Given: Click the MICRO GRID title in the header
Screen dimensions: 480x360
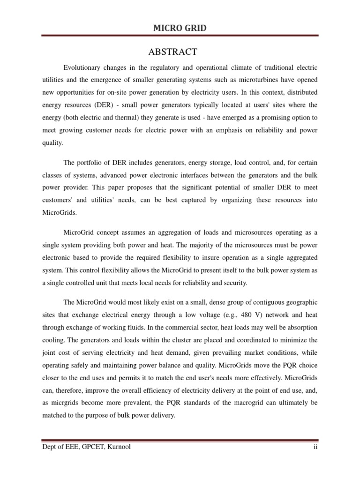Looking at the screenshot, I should pyautogui.click(x=180, y=29).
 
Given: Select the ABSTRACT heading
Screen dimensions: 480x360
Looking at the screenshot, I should pyautogui.click(x=180, y=52).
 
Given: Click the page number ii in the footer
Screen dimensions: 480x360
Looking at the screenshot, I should pyautogui.click(x=316, y=447).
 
